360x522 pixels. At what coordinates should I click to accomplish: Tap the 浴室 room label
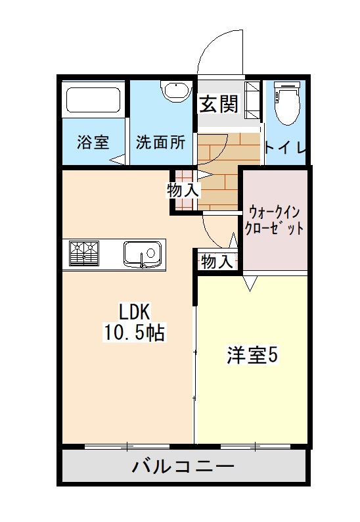click(93, 142)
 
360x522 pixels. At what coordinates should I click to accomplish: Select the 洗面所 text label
click(160, 142)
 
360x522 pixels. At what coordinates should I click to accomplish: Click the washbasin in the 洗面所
click(175, 91)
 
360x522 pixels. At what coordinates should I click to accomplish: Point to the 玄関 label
click(219, 104)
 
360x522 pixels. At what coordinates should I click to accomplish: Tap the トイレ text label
click(285, 149)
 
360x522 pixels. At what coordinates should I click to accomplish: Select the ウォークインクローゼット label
click(273, 220)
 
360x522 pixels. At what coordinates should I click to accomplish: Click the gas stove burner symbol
click(83, 253)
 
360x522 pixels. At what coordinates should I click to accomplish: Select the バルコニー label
click(183, 467)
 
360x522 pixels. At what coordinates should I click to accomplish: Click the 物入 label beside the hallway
click(183, 191)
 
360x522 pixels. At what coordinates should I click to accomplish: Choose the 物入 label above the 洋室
click(216, 261)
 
